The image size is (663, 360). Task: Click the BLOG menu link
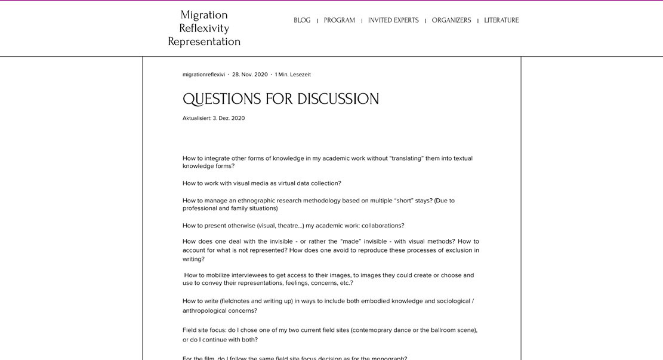302,20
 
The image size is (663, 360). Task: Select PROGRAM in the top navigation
340,20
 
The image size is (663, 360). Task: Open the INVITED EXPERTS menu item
393,20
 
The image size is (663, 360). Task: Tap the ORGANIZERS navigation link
451,20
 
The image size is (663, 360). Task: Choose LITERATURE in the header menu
501,20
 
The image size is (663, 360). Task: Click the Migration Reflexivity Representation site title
204,28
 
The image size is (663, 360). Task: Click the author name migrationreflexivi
203,75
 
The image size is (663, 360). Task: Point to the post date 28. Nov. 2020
250,75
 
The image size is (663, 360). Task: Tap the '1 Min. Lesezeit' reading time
293,75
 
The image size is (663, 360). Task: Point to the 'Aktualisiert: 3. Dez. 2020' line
214,118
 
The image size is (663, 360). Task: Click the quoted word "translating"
406,158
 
